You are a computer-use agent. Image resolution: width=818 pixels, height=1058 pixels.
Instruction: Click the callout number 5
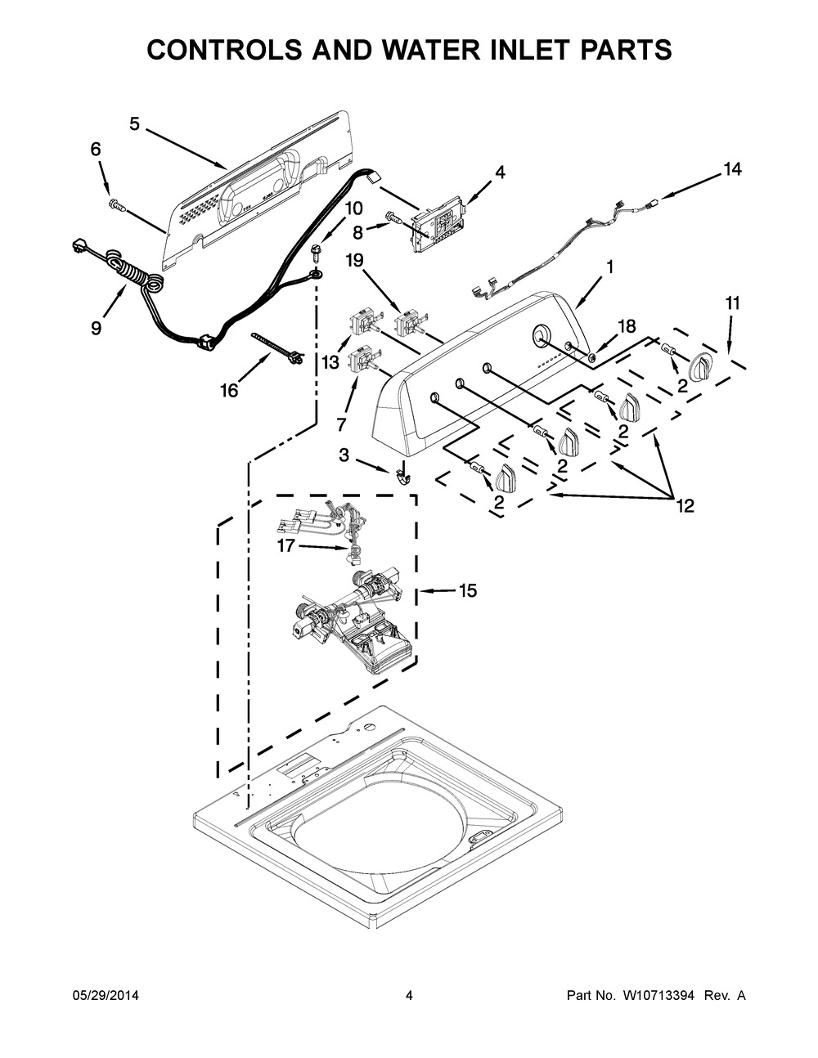click(134, 124)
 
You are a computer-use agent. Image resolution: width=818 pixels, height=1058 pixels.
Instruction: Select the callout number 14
click(732, 169)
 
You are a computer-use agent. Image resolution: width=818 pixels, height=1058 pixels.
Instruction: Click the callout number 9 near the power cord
click(97, 328)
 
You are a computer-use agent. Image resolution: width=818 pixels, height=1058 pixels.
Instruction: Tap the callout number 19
click(354, 261)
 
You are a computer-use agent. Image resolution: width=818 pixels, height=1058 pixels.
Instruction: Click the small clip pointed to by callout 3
click(402, 476)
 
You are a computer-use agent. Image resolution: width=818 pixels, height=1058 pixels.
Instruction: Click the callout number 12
click(685, 506)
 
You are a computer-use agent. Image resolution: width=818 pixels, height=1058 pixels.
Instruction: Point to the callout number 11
click(732, 303)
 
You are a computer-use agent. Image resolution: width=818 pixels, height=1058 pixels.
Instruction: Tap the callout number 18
click(627, 327)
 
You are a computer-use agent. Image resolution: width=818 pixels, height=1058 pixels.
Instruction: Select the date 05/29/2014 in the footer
click(102, 995)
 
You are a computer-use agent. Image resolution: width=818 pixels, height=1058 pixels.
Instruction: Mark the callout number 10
click(354, 208)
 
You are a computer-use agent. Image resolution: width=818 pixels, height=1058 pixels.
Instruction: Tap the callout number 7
click(341, 424)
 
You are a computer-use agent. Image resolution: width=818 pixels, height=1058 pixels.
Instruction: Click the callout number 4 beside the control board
click(501, 172)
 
